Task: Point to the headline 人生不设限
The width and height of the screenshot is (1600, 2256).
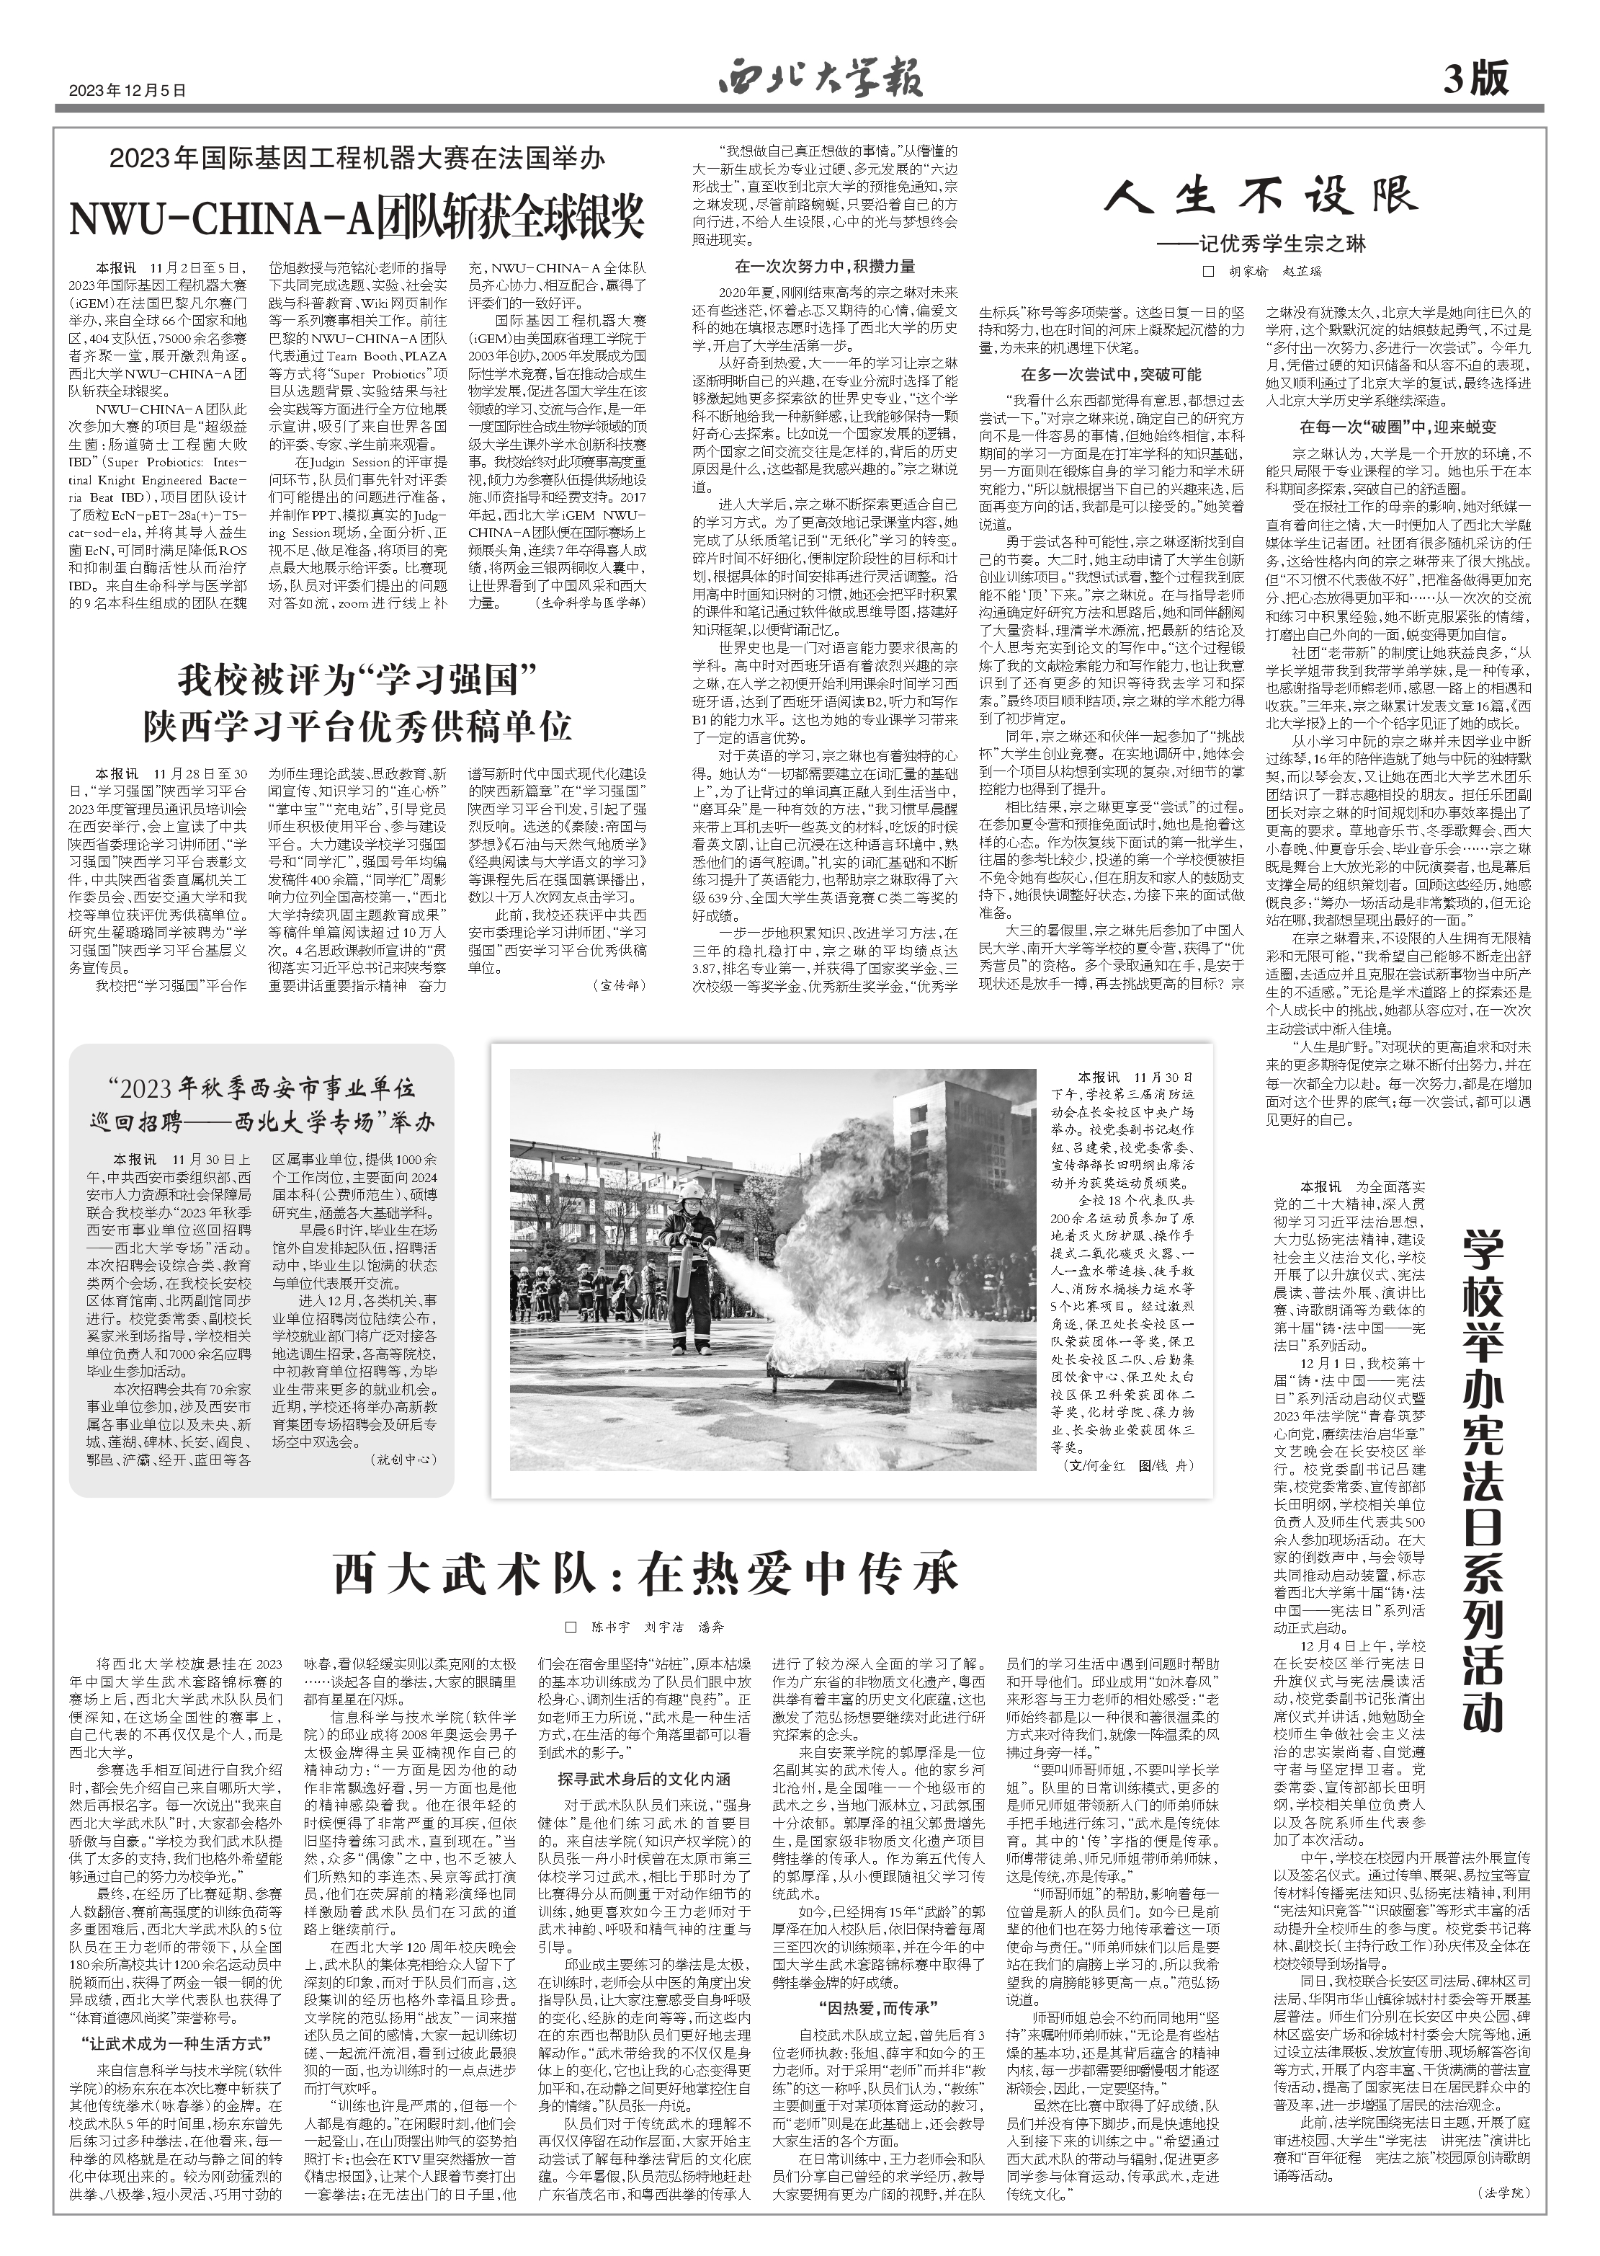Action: click(1258, 199)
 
